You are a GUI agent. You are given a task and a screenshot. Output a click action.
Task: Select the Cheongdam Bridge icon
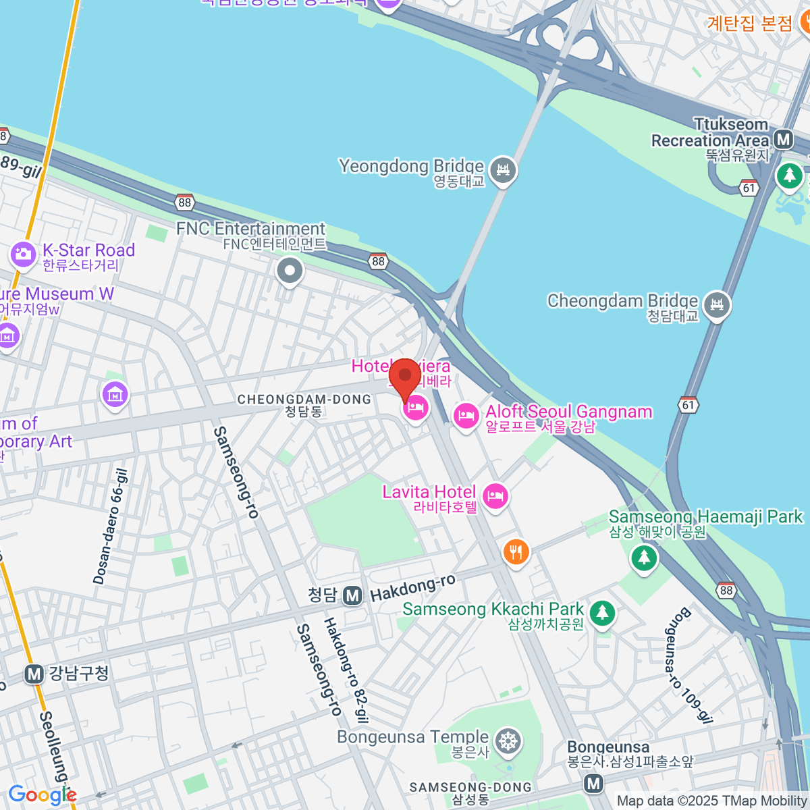(x=717, y=305)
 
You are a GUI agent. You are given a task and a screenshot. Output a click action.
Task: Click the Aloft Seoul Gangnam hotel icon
(x=466, y=415)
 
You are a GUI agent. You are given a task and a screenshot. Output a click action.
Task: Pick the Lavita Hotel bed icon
(x=496, y=497)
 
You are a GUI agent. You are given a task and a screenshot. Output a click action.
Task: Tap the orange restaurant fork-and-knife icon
(x=516, y=552)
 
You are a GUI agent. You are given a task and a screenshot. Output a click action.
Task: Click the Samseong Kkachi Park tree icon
(x=602, y=613)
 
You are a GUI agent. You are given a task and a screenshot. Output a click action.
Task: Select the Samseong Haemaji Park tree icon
(x=644, y=558)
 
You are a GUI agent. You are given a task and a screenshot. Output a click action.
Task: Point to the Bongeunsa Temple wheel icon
(x=508, y=742)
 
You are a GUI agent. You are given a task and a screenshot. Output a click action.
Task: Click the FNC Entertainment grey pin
(x=290, y=271)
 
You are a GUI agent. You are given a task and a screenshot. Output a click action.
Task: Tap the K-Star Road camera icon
(x=23, y=254)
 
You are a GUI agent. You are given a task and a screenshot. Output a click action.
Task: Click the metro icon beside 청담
(x=352, y=595)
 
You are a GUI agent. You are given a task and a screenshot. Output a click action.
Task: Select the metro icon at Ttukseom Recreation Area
(x=784, y=140)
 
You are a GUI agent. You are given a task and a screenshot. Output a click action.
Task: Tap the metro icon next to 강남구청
(x=34, y=674)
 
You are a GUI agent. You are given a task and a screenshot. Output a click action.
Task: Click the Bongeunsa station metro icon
(x=593, y=783)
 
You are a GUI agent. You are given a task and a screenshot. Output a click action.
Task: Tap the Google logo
(x=42, y=794)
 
